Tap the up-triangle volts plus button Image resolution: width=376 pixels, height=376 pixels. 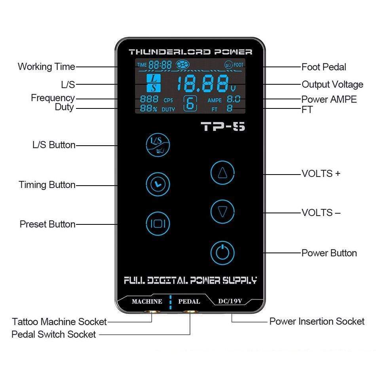222,173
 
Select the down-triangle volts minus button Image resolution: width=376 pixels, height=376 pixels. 222,212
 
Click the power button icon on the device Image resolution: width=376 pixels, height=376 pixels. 222,252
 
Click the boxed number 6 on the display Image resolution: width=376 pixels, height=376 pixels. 190,104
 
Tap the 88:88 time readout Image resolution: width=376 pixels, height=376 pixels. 160,65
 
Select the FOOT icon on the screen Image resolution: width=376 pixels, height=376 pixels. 234,65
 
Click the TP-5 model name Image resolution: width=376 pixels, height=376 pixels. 223,127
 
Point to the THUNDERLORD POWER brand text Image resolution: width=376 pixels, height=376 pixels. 190,52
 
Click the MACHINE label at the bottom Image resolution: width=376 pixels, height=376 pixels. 147,302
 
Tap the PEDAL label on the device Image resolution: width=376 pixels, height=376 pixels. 189,302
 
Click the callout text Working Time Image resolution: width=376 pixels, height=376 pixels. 46,66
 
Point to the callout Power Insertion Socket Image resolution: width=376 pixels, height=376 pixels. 317,321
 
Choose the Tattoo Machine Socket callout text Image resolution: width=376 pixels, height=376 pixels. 59,321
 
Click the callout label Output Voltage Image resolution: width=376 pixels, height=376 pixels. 332,84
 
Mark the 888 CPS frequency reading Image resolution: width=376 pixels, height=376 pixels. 154,100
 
